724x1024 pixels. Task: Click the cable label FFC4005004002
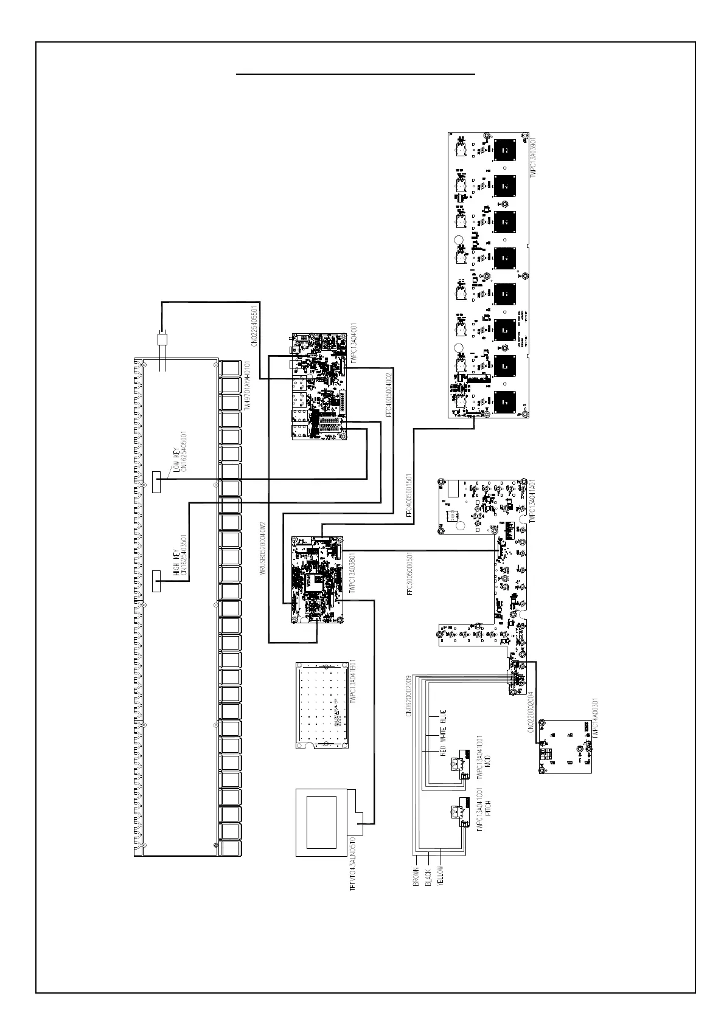[388, 396]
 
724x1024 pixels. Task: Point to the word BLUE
[443, 719]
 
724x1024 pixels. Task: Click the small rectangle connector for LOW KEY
[156, 482]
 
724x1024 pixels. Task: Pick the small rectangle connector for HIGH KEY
[156, 581]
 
